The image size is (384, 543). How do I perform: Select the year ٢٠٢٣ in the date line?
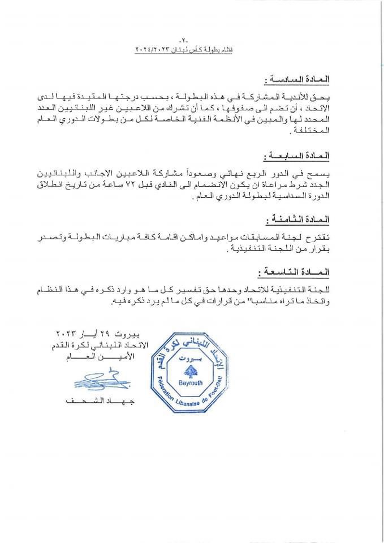click(x=68, y=331)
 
